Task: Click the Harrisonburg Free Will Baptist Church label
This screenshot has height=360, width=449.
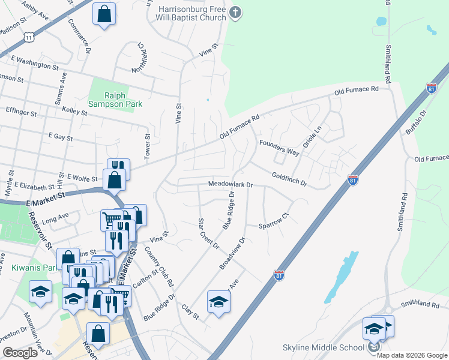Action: point(192,14)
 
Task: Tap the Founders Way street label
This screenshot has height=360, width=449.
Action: point(279,148)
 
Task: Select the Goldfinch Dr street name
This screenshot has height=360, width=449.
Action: point(289,179)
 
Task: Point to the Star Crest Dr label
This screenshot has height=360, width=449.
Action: point(208,234)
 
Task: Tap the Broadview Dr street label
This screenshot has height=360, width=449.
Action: point(233,253)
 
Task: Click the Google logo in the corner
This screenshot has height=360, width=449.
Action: point(20,353)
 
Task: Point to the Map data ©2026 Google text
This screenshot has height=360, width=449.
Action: point(412,355)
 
